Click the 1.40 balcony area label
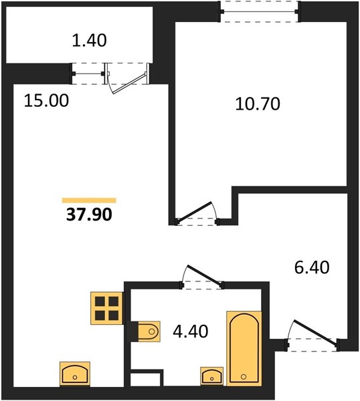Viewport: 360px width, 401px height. pos(89,41)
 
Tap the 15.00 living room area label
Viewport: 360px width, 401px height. pos(46,100)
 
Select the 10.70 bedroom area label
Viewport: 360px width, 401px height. pos(258,104)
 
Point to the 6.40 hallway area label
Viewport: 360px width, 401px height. pos(312,268)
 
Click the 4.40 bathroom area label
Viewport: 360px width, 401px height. pos(191,331)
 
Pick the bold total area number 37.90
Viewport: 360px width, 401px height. pos(89,215)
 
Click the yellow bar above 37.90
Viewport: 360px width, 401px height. pos(89,200)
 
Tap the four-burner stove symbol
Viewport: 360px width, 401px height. pos(106,308)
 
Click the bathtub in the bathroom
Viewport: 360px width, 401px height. pos(244,348)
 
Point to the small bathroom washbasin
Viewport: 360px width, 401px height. pos(211,376)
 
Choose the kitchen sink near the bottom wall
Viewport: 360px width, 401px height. pos(75,374)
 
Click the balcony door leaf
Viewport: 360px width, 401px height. pos(130,84)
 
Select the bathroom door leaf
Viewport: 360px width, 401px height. pos(205,275)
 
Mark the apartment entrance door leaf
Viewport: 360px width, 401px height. pos(316,333)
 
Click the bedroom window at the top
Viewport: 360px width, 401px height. pos(260,12)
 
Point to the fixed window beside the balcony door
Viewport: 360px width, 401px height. pos(88,74)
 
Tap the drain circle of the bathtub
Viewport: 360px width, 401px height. pos(244,376)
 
